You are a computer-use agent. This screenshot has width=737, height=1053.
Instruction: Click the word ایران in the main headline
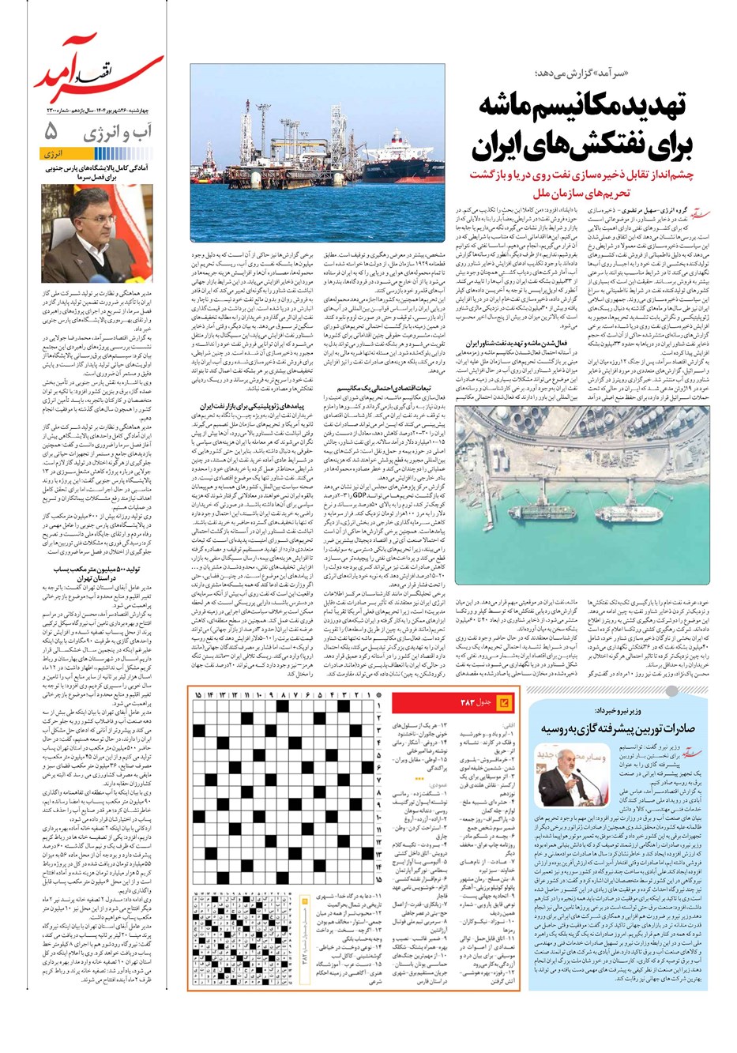click(506, 148)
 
